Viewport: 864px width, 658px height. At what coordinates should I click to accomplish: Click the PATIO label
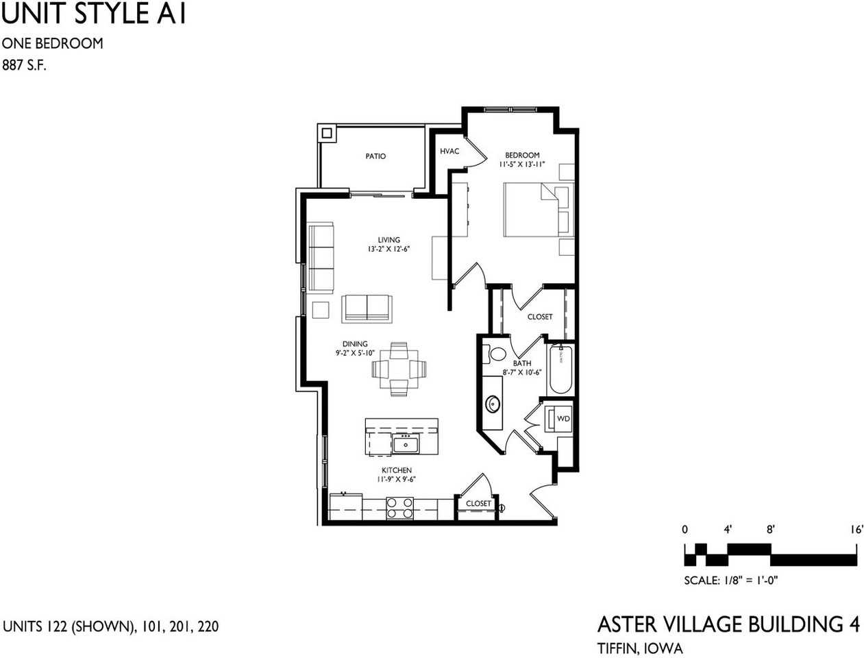coord(375,156)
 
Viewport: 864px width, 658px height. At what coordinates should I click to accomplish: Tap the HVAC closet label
coord(449,151)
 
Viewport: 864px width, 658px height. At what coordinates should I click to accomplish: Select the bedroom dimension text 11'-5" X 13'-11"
coord(522,164)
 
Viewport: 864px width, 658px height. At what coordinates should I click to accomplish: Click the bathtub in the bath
coord(560,369)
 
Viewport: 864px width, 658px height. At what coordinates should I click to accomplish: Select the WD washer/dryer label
coord(563,419)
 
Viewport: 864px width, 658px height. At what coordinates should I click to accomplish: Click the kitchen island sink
coord(406,445)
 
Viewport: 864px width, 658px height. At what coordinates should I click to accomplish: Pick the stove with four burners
coord(400,508)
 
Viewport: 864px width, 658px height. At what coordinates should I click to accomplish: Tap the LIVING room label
coord(388,240)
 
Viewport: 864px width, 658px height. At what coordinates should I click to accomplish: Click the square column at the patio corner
coord(326,132)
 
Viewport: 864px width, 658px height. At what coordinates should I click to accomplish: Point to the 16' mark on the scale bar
coord(856,529)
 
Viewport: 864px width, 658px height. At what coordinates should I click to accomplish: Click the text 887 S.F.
coord(25,66)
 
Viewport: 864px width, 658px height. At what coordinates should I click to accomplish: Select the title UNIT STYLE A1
coord(94,14)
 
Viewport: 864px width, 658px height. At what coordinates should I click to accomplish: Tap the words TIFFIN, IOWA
coord(640,648)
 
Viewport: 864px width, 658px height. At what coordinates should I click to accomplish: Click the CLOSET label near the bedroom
coord(540,317)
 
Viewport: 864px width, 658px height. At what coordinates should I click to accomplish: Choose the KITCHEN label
coord(397,470)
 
